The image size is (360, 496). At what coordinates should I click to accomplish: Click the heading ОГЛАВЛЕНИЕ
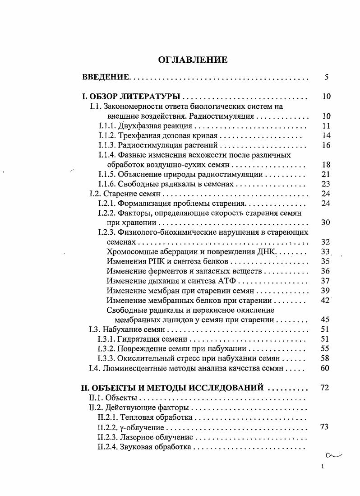click(x=193, y=60)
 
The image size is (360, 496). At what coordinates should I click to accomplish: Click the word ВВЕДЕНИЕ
click(x=106, y=77)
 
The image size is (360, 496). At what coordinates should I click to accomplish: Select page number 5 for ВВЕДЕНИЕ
click(x=326, y=77)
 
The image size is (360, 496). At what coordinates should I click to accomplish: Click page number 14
click(x=326, y=135)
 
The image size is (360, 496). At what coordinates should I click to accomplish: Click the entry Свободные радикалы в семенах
click(x=166, y=184)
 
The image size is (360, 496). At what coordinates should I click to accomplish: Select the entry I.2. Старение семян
click(x=125, y=194)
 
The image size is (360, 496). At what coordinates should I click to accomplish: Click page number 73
click(x=324, y=427)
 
